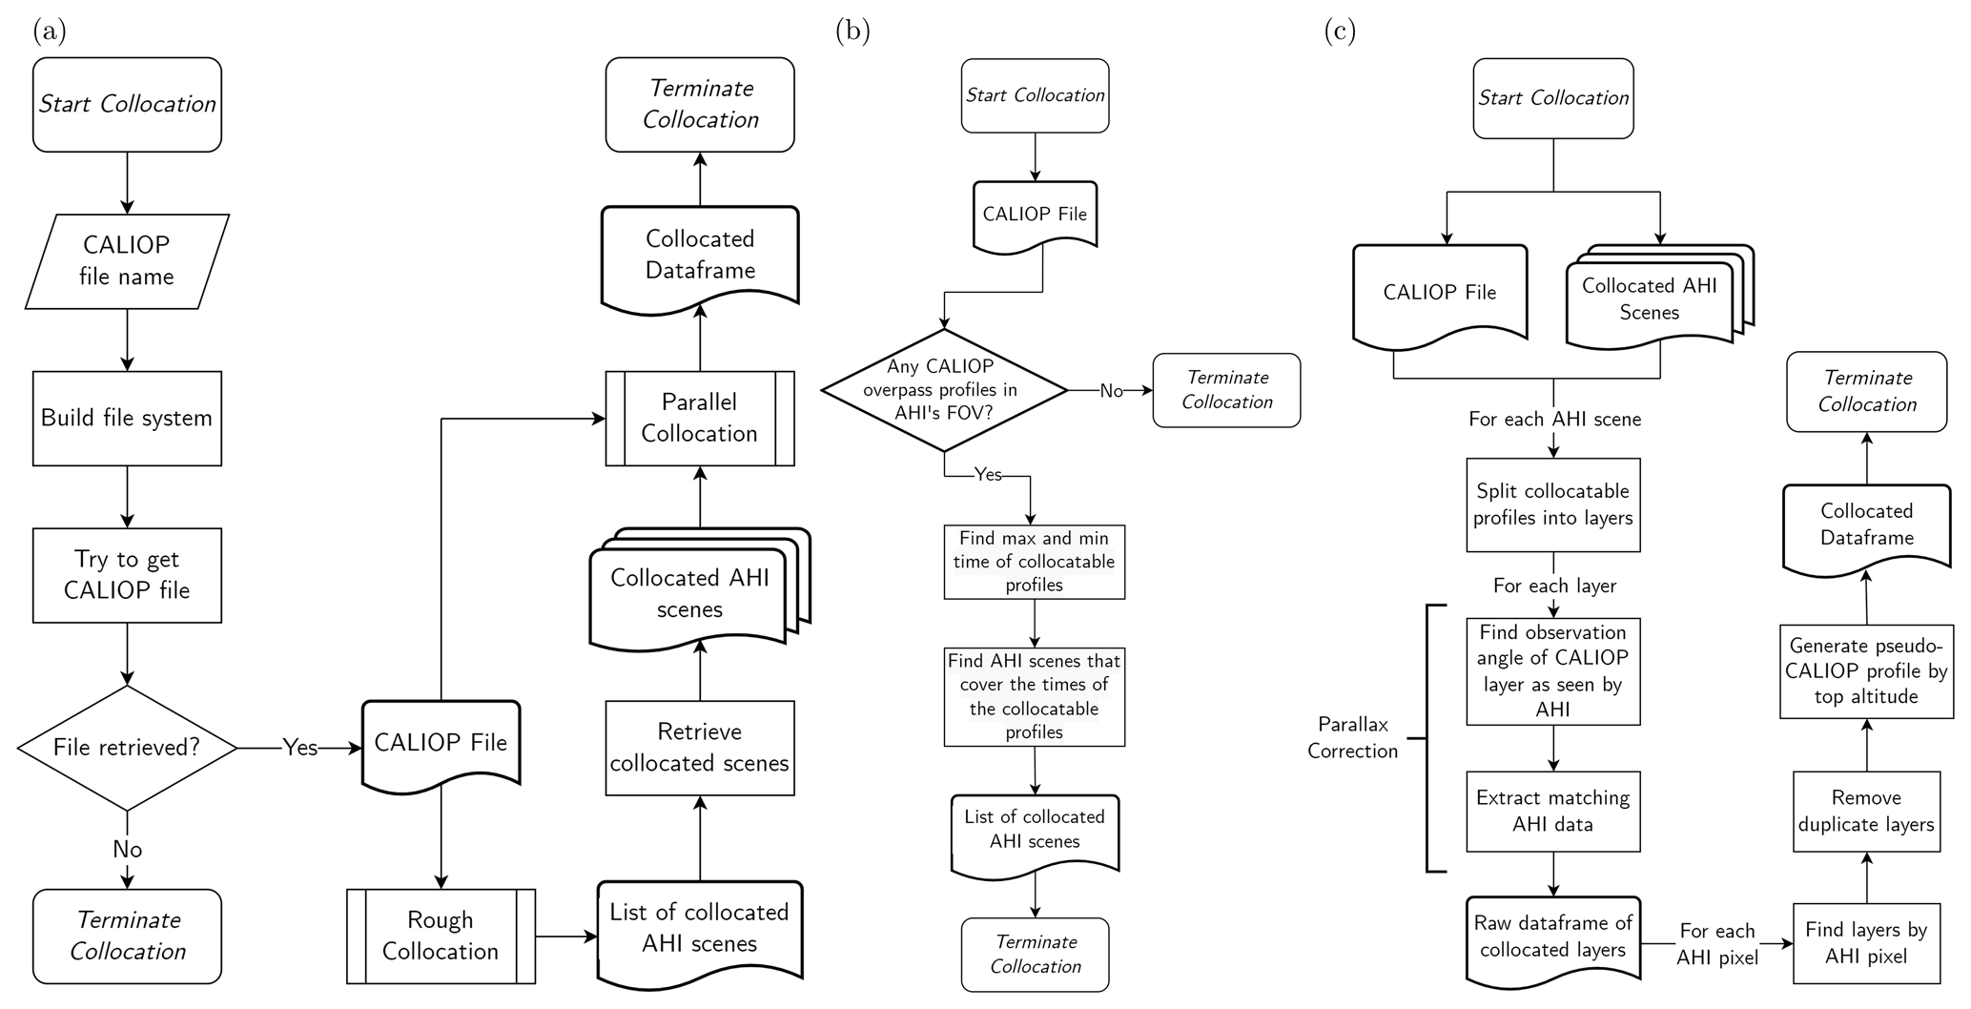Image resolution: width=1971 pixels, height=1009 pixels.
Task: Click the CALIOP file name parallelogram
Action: click(127, 261)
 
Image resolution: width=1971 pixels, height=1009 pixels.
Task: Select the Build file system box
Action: click(127, 419)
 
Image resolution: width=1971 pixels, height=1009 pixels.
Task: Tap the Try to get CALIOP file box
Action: click(127, 575)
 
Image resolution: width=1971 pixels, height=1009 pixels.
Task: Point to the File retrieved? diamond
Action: click(127, 748)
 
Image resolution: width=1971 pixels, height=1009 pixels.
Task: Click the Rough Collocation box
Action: click(441, 936)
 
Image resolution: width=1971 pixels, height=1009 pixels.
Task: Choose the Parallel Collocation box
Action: click(700, 419)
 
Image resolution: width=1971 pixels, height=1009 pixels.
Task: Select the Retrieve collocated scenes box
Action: click(700, 748)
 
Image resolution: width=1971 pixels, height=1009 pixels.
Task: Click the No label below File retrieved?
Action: click(127, 850)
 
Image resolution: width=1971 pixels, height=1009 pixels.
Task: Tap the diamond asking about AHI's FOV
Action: click(943, 390)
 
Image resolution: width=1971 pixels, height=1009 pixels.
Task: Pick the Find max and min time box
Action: click(1035, 562)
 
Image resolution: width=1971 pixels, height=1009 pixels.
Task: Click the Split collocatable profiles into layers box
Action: click(1553, 504)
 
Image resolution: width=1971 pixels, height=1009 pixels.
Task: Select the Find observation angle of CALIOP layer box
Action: click(1553, 671)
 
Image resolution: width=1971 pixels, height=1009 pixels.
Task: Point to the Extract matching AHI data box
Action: click(1553, 812)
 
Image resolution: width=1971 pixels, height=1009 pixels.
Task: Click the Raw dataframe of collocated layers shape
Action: click(1553, 937)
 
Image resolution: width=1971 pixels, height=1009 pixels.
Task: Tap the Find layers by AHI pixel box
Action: click(1866, 943)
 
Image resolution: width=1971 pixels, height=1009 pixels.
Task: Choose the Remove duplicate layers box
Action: click(1866, 812)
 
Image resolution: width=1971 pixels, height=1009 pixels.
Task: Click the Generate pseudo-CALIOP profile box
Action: click(1866, 671)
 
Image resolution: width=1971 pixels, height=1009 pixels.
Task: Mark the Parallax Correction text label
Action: click(1352, 738)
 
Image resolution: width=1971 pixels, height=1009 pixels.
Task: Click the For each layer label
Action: click(1554, 586)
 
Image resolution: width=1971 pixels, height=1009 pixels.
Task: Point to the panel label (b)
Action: click(852, 31)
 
